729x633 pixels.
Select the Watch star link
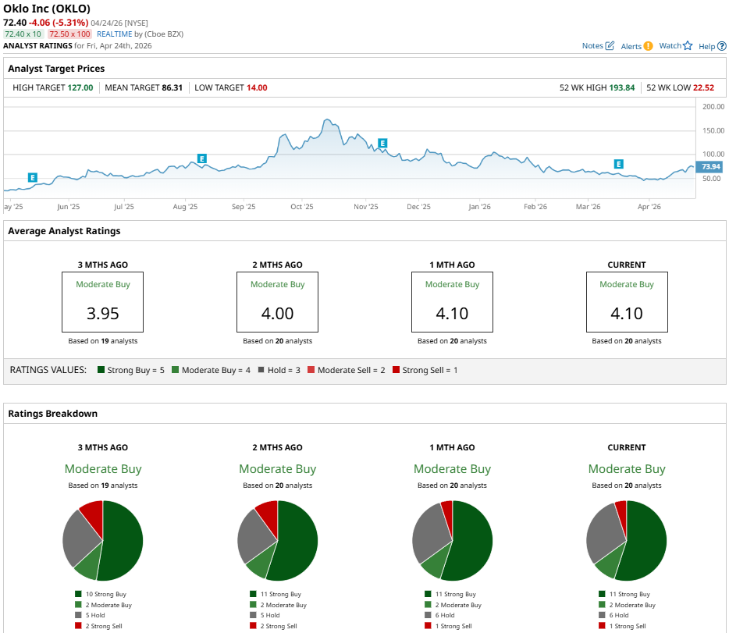coord(675,46)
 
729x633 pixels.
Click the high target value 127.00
coord(80,87)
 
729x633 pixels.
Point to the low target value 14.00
coord(257,87)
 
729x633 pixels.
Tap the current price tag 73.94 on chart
coord(710,167)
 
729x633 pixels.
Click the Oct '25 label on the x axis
coord(301,207)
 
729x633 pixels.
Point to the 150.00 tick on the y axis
coord(712,130)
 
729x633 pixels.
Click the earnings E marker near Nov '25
coord(382,143)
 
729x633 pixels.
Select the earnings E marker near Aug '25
coord(201,158)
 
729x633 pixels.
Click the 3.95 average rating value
coord(102,314)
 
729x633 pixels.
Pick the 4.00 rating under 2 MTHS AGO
coord(277,314)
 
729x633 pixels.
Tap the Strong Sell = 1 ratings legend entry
coord(424,370)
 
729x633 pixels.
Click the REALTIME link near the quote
coord(114,34)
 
